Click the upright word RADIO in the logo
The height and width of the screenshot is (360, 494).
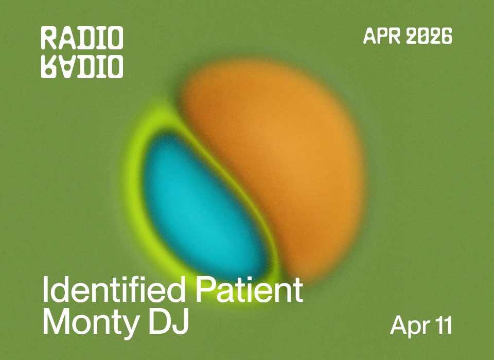[82, 39]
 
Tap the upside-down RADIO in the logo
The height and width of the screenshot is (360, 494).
[82, 66]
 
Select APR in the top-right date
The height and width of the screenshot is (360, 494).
[380, 36]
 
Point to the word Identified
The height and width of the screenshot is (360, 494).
[110, 291]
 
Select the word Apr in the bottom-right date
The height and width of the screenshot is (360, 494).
[408, 326]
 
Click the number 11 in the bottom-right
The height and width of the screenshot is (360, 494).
[443, 325]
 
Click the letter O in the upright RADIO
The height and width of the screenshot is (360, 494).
[115, 39]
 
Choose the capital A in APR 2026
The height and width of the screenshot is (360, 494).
[369, 36]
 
